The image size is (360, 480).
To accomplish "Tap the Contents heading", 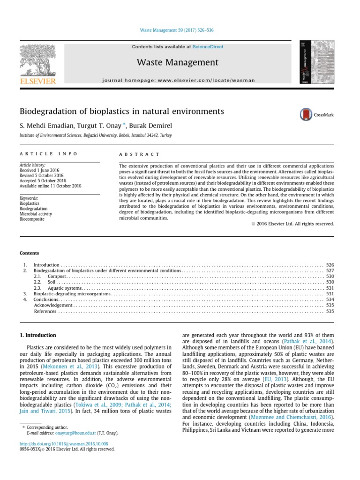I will click(x=29, y=253).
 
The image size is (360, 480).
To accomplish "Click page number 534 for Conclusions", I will click(x=330, y=299).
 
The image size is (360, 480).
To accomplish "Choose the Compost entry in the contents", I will click(x=56, y=277).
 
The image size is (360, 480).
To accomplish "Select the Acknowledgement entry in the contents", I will click(x=53, y=305).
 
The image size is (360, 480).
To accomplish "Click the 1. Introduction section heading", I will click(x=37, y=335).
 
